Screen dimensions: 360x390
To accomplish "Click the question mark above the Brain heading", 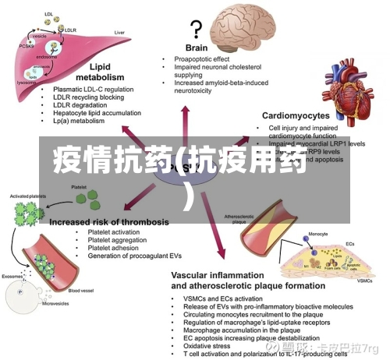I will coord(196,29).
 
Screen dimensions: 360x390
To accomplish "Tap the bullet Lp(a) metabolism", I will coord(78,122).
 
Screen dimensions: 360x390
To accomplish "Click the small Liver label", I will coord(120,33).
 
